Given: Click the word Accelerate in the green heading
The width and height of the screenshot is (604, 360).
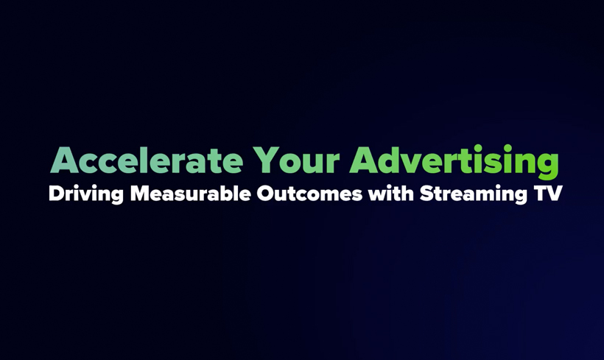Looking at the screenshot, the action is coord(147,160).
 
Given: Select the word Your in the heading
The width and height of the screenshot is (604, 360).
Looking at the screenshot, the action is coord(296,160).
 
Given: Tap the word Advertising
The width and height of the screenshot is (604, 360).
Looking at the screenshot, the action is coord(454,162).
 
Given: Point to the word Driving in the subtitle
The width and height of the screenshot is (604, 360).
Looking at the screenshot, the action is coord(86,194).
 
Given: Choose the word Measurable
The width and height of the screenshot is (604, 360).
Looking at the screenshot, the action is coord(191,194).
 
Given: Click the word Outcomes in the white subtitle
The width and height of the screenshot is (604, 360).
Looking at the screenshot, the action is coord(309,194).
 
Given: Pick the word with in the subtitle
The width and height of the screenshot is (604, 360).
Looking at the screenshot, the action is coord(391,194).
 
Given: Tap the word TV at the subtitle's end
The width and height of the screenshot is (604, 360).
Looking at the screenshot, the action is coord(548,194).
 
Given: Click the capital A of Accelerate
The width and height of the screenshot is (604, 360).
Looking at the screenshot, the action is coord(65,160).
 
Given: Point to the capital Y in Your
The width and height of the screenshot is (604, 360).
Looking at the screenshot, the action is coord(266,160).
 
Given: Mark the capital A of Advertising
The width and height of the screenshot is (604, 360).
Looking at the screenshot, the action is coord(364,160).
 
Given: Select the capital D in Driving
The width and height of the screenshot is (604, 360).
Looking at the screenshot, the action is coord(56,194).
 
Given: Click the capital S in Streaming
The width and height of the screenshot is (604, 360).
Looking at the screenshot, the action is coord(426,194).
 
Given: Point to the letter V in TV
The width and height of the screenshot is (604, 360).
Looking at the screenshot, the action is coord(555,194).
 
